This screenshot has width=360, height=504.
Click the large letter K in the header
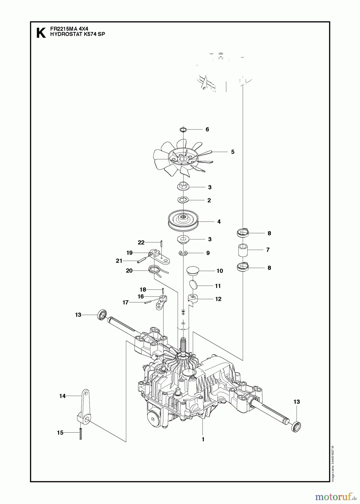click(41, 33)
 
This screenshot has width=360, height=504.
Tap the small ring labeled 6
click(183, 129)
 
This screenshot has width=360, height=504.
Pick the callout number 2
click(209, 200)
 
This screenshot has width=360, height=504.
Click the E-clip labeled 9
click(183, 253)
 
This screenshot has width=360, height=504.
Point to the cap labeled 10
click(193, 271)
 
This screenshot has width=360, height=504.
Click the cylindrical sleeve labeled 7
click(243, 250)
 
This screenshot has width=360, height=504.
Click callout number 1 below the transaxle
click(203, 439)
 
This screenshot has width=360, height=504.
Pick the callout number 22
click(141, 242)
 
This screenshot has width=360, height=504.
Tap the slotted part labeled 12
click(193, 298)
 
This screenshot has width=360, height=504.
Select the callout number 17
click(126, 302)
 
